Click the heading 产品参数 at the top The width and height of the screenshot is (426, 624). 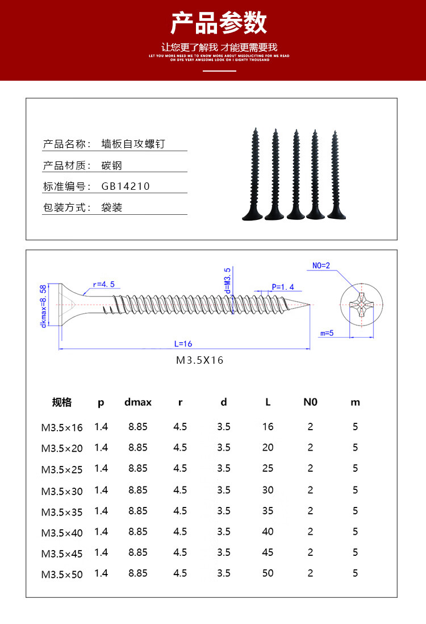pyautogui.click(x=219, y=23)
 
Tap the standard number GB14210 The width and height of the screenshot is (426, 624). pyautogui.click(x=126, y=186)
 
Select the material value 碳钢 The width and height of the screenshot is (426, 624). pyautogui.click(x=112, y=166)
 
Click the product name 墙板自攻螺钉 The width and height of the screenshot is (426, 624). pyautogui.click(x=133, y=144)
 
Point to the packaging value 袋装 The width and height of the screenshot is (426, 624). pyautogui.click(x=112, y=207)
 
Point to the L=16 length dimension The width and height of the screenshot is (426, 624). pyautogui.click(x=183, y=343)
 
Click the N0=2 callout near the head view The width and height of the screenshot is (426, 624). pyautogui.click(x=321, y=265)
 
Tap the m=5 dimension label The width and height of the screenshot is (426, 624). pyautogui.click(x=327, y=334)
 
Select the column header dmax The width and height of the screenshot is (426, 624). pyautogui.click(x=138, y=402)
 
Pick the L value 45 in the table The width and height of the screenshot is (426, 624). pyautogui.click(x=268, y=552)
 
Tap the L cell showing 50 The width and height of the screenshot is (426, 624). pyautogui.click(x=268, y=573)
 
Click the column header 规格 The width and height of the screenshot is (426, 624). pyautogui.click(x=62, y=402)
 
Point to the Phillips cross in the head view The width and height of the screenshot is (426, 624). pyautogui.click(x=360, y=306)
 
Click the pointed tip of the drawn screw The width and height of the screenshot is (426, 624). pyautogui.click(x=309, y=305)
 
